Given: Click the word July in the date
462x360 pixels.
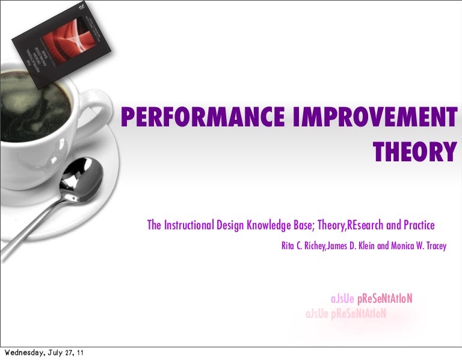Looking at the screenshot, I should tap(50, 353).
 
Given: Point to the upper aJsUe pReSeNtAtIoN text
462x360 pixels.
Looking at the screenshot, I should tap(371, 299).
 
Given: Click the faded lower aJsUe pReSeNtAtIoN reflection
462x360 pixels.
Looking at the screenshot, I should tap(345, 314).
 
